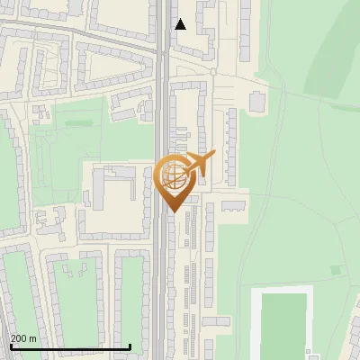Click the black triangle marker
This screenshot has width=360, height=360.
[x=180, y=24]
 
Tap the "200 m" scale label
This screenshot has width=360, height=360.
[x=24, y=338]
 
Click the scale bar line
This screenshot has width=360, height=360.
[x=70, y=346]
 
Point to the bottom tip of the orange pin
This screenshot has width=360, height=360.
[x=171, y=211]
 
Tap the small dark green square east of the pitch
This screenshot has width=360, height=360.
[x=336, y=269]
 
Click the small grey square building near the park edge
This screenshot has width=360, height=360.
[x=257, y=102]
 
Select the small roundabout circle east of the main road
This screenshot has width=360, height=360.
[x=213, y=71]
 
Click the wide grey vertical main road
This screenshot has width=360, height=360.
[x=160, y=270]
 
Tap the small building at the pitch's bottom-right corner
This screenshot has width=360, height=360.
[x=311, y=353]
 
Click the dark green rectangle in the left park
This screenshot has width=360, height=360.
[x=79, y=121]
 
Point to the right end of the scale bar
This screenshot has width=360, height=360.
[x=130, y=346]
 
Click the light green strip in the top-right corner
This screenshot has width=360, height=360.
[x=337, y=54]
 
